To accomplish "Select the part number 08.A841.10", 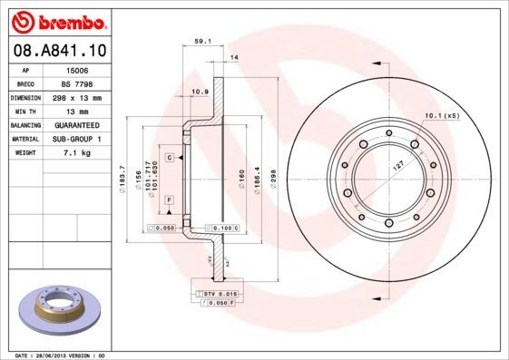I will (x=55, y=53).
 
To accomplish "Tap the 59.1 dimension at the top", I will (x=203, y=40).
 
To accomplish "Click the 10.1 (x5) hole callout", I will (x=442, y=115).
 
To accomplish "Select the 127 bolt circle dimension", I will (x=396, y=167).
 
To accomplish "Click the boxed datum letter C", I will (x=169, y=157).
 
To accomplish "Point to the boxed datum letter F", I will (x=169, y=199).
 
